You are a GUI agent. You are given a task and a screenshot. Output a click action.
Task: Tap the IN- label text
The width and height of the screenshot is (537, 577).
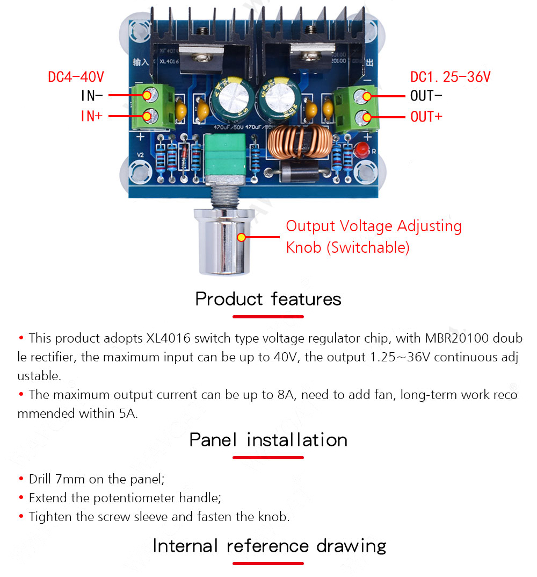point(91,96)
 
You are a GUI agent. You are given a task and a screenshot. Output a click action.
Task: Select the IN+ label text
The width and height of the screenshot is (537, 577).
point(91,116)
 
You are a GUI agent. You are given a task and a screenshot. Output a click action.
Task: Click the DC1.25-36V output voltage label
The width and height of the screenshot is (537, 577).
point(450,77)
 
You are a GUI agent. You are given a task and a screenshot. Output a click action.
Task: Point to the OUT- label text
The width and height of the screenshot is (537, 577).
point(426,96)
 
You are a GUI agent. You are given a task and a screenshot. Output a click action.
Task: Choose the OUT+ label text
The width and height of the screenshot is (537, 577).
point(426,116)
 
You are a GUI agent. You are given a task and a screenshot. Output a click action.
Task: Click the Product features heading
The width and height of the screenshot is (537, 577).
point(268,298)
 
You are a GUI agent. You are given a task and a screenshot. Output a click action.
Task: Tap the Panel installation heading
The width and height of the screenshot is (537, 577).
point(268,440)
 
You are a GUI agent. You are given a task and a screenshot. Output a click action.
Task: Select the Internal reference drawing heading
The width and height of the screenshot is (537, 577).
point(269,546)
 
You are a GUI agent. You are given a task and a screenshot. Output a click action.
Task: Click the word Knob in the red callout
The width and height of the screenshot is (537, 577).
point(304,247)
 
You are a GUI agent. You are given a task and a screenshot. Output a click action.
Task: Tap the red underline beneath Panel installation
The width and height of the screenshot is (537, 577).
point(268,458)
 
